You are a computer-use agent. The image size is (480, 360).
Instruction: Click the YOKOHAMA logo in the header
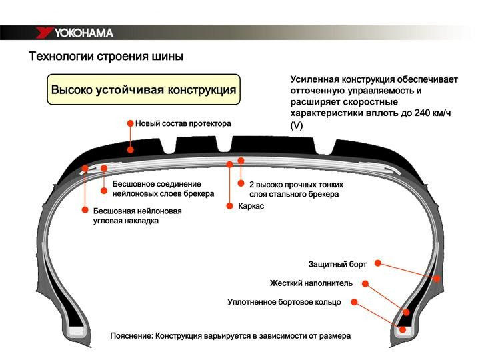tap(74, 33)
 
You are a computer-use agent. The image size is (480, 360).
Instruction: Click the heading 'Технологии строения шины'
tap(105, 56)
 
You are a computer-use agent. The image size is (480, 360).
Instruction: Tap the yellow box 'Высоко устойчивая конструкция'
tap(143, 89)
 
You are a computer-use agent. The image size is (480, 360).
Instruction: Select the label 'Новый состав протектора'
tap(183, 124)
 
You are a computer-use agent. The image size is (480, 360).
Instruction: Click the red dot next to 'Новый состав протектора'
tap(130, 124)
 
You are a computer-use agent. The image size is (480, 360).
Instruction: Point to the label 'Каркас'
tap(251, 207)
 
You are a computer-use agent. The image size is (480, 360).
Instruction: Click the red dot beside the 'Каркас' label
tap(229, 207)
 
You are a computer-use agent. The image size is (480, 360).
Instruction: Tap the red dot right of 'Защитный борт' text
tap(378, 264)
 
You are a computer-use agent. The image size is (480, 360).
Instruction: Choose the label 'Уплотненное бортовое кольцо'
tap(284, 302)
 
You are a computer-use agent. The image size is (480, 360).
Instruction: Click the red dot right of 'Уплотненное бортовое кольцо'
tap(354, 302)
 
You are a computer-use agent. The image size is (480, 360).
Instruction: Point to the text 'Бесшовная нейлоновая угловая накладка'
tap(137, 215)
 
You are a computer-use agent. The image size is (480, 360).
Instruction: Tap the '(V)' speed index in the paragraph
tap(297, 125)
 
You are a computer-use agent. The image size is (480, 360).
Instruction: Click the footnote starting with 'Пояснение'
tap(230, 335)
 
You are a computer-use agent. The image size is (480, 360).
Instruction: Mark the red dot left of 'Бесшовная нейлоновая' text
tap(85, 210)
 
